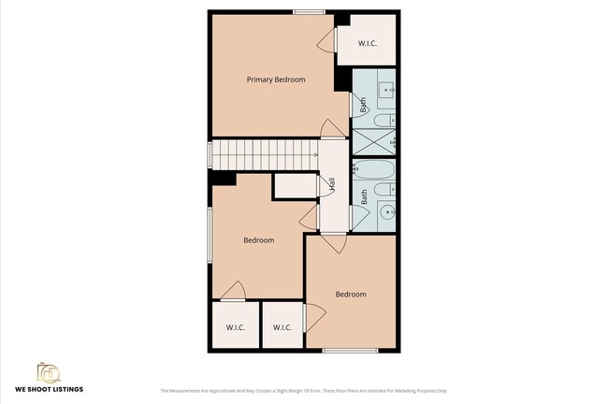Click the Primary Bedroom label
point(276,79)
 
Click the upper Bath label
point(363,107)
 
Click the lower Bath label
point(364,196)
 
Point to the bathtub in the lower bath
point(375,170)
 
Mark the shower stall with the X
point(373,142)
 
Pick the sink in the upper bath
point(387,92)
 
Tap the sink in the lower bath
point(387,210)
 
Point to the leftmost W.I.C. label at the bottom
point(235,327)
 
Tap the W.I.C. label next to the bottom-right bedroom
point(282,327)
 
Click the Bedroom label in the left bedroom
point(259,240)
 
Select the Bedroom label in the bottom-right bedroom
point(351,294)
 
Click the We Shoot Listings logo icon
point(49,372)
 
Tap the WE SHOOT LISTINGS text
point(49,388)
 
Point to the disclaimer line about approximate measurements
point(303,390)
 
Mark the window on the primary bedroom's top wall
point(309,11)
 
